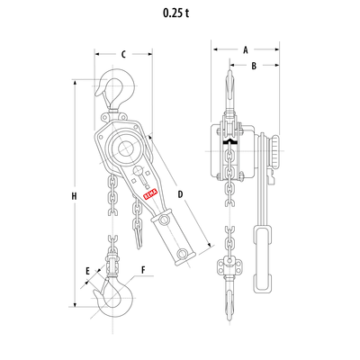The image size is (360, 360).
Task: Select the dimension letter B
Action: [255, 66]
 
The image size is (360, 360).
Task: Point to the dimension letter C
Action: [122, 53]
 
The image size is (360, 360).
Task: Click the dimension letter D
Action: [180, 193]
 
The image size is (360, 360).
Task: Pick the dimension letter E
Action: [88, 270]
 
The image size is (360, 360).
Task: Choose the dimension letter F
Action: [143, 270]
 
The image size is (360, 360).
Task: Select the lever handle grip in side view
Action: [264, 261]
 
